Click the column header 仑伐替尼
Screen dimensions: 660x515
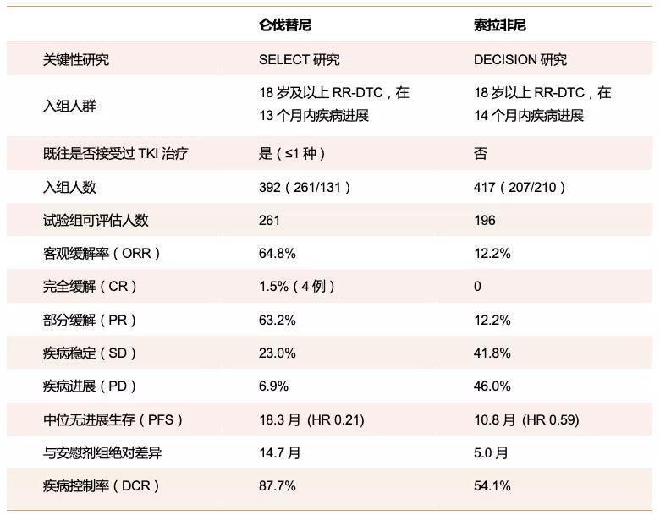[x=285, y=25]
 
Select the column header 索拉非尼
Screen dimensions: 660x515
[x=499, y=25]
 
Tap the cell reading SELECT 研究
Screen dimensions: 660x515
[x=300, y=59]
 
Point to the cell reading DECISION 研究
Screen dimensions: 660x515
[x=520, y=59]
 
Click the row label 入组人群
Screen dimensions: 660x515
[x=69, y=105]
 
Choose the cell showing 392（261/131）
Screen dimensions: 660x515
[x=305, y=187]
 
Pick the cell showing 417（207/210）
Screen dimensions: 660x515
[x=520, y=187]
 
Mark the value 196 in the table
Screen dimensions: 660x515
[x=485, y=220]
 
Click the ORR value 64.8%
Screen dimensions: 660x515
[x=278, y=254]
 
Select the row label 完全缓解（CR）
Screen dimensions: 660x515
[x=90, y=286]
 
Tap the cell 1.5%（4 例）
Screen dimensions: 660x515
[x=297, y=286]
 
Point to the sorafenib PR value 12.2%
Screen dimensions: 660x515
[x=492, y=321]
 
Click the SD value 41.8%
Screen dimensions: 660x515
[x=492, y=353]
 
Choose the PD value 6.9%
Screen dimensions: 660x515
[x=273, y=386]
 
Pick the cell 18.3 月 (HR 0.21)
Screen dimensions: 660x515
[x=311, y=419]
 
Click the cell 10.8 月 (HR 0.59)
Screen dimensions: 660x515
[x=526, y=419]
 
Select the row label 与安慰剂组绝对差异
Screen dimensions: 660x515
[x=102, y=452]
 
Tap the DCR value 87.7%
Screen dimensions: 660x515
[x=278, y=485]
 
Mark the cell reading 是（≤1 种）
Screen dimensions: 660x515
[x=293, y=153]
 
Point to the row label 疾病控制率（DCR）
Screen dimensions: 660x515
[x=102, y=485]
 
